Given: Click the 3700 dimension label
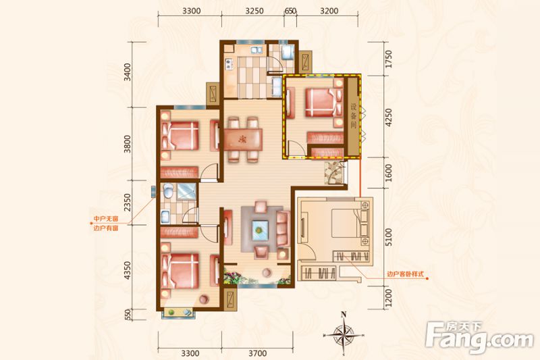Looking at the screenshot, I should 256,351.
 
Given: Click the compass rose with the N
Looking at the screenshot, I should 344,332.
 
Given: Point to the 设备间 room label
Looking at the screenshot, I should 353,118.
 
